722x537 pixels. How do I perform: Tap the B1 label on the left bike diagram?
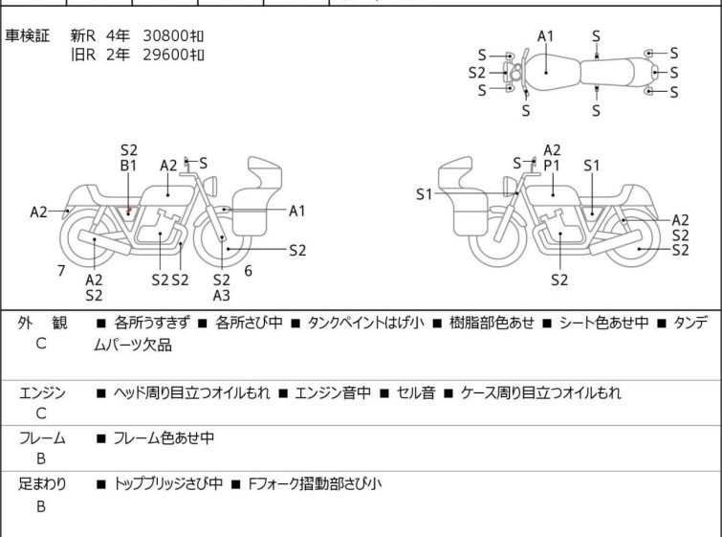coord(129,166)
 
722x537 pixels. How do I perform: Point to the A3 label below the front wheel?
coord(222,296)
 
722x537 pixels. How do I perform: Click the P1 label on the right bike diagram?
coord(552,166)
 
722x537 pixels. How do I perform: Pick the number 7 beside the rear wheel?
coord(61,271)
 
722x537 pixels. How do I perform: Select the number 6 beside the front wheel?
coord(248,271)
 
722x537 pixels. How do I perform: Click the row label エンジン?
coord(42,392)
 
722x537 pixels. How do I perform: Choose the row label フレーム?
coord(42,438)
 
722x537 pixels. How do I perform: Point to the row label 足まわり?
coord(42,484)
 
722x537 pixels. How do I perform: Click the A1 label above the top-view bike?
coord(545,36)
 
